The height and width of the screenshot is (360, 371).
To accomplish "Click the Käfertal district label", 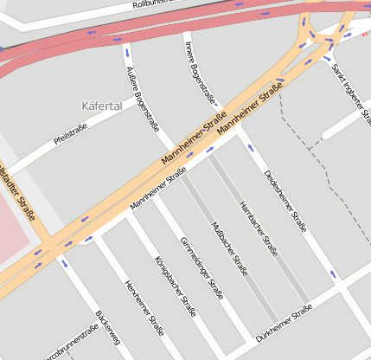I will click(101, 106).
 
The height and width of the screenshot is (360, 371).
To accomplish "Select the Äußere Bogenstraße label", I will click(143, 98).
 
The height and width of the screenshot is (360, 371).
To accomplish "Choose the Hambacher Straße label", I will click(258, 230).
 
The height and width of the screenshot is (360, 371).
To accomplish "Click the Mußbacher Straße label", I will click(230, 248).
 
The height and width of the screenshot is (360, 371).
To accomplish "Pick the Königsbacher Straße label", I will click(174, 286).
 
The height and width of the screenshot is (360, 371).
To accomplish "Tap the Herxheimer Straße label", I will click(144, 307).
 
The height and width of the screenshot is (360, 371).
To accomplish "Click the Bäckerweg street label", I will click(108, 333).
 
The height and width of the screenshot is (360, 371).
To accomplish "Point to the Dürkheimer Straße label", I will click(282, 323).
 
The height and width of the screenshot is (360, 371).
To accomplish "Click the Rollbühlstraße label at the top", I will click(156, 3).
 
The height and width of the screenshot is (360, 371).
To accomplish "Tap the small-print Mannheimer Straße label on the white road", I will click(158, 191).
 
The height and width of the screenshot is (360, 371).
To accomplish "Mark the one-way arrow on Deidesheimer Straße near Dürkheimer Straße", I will click(333, 275).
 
